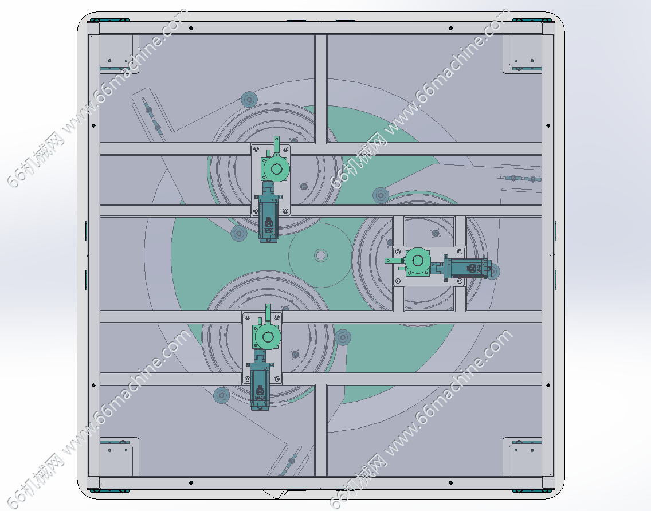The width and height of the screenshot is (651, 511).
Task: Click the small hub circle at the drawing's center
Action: pyautogui.click(x=320, y=256)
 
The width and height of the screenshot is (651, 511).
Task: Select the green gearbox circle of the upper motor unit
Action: pyautogui.click(x=276, y=169)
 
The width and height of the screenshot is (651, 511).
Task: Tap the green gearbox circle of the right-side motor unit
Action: pyautogui.click(x=418, y=261)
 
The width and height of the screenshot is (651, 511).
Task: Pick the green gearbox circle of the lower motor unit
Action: pyautogui.click(x=268, y=337)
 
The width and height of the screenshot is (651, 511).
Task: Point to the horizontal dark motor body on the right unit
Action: pyautogui.click(x=468, y=269)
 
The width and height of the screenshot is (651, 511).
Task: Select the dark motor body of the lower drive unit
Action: pyautogui.click(x=260, y=386)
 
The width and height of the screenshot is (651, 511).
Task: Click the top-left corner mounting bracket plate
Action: pyautogui.click(x=119, y=52)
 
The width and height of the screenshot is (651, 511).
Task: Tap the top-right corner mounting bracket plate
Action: pyautogui.click(x=522, y=53)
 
